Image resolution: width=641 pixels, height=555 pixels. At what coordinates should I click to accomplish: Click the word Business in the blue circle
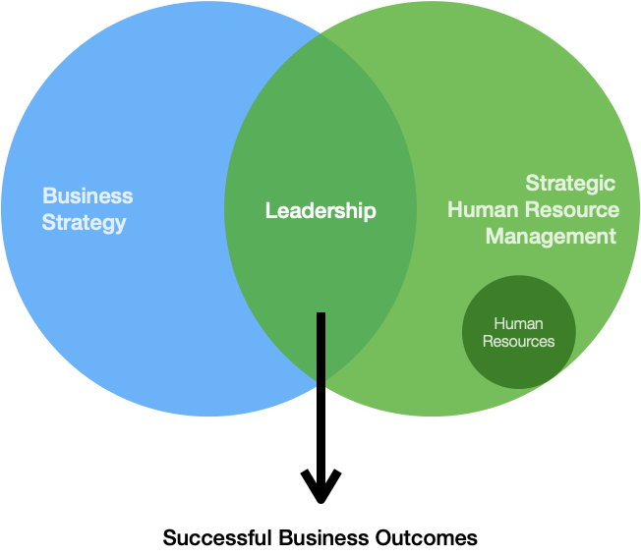[87, 195]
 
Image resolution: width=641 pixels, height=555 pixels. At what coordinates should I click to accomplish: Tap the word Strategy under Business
[84, 223]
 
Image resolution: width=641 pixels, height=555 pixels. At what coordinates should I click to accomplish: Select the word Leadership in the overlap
[320, 210]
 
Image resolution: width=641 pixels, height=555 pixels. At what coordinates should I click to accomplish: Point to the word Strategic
[570, 183]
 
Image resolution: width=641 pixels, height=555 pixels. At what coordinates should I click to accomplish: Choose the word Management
[551, 237]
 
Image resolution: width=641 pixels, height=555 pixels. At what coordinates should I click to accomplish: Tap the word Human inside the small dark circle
[518, 323]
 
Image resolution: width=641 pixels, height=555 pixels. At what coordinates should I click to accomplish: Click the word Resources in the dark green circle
[518, 342]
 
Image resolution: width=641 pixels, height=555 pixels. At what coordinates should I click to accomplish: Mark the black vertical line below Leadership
[320, 350]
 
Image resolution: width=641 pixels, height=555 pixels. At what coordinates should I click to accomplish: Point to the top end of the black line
[320, 314]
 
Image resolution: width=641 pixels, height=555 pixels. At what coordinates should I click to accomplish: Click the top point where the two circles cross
[320, 38]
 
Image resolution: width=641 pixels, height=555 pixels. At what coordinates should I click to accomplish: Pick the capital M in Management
[495, 237]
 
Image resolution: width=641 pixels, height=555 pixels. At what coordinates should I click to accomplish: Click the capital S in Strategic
[532, 183]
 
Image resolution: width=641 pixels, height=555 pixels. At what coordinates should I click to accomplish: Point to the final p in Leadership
[370, 212]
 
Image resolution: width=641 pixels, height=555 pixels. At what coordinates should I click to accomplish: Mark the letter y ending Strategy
[120, 225]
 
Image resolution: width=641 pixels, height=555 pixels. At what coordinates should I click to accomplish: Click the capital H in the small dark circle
[498, 323]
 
